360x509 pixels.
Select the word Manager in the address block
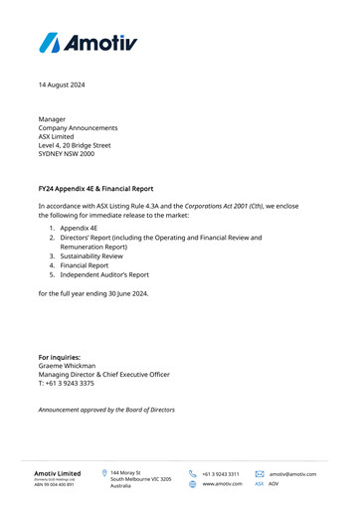pos(55,119)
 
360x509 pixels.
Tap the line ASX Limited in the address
pos(59,136)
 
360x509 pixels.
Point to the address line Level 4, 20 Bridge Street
pos(82,145)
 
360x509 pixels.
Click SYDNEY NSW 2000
pos(67,154)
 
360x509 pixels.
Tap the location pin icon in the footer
pos(104,474)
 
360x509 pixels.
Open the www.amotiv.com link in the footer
pos(222,484)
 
